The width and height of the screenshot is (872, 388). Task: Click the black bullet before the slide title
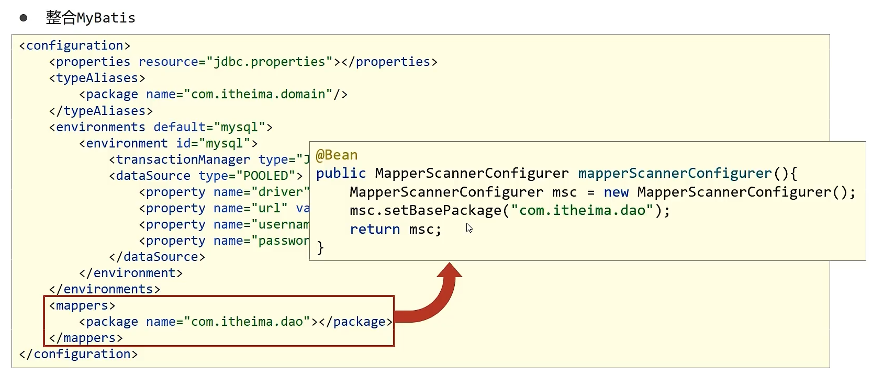click(24, 18)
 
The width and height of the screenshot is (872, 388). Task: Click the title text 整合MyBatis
click(91, 18)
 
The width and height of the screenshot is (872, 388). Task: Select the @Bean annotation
click(337, 155)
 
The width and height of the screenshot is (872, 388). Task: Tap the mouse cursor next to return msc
click(469, 228)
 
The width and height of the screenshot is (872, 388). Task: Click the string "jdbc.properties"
click(269, 62)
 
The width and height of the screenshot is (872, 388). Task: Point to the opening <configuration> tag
click(74, 45)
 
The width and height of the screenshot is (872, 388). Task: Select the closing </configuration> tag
click(79, 354)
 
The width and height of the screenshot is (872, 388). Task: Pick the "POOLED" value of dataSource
click(266, 176)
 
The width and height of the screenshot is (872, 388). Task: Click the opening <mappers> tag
click(82, 305)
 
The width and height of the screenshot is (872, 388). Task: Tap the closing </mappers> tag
click(86, 338)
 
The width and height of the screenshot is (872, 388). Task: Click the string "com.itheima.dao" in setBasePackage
click(583, 210)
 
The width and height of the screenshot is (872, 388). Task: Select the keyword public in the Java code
click(341, 173)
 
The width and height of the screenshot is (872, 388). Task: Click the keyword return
click(375, 229)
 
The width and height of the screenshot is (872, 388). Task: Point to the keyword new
click(616, 192)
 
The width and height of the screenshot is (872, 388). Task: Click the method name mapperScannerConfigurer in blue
click(675, 173)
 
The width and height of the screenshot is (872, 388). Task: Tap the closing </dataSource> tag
click(157, 257)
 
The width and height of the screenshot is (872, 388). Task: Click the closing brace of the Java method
click(320, 247)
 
